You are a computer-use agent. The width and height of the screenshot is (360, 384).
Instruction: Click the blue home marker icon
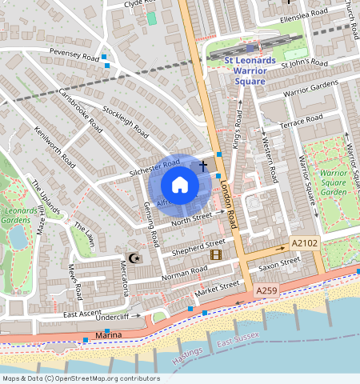(180, 185)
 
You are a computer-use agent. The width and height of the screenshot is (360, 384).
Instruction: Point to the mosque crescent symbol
(134, 258)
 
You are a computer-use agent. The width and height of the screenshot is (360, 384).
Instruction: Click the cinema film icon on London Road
(215, 254)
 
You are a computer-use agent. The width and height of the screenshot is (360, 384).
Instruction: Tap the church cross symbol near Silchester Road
(203, 166)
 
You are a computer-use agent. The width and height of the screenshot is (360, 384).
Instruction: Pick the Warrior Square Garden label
(334, 182)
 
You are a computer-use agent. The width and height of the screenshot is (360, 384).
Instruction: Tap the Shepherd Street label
(204, 245)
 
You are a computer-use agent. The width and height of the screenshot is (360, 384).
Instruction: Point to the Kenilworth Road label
(54, 146)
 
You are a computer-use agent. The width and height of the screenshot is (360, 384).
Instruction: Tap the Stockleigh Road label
(126, 118)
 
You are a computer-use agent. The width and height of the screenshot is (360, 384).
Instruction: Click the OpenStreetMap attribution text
(81, 378)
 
